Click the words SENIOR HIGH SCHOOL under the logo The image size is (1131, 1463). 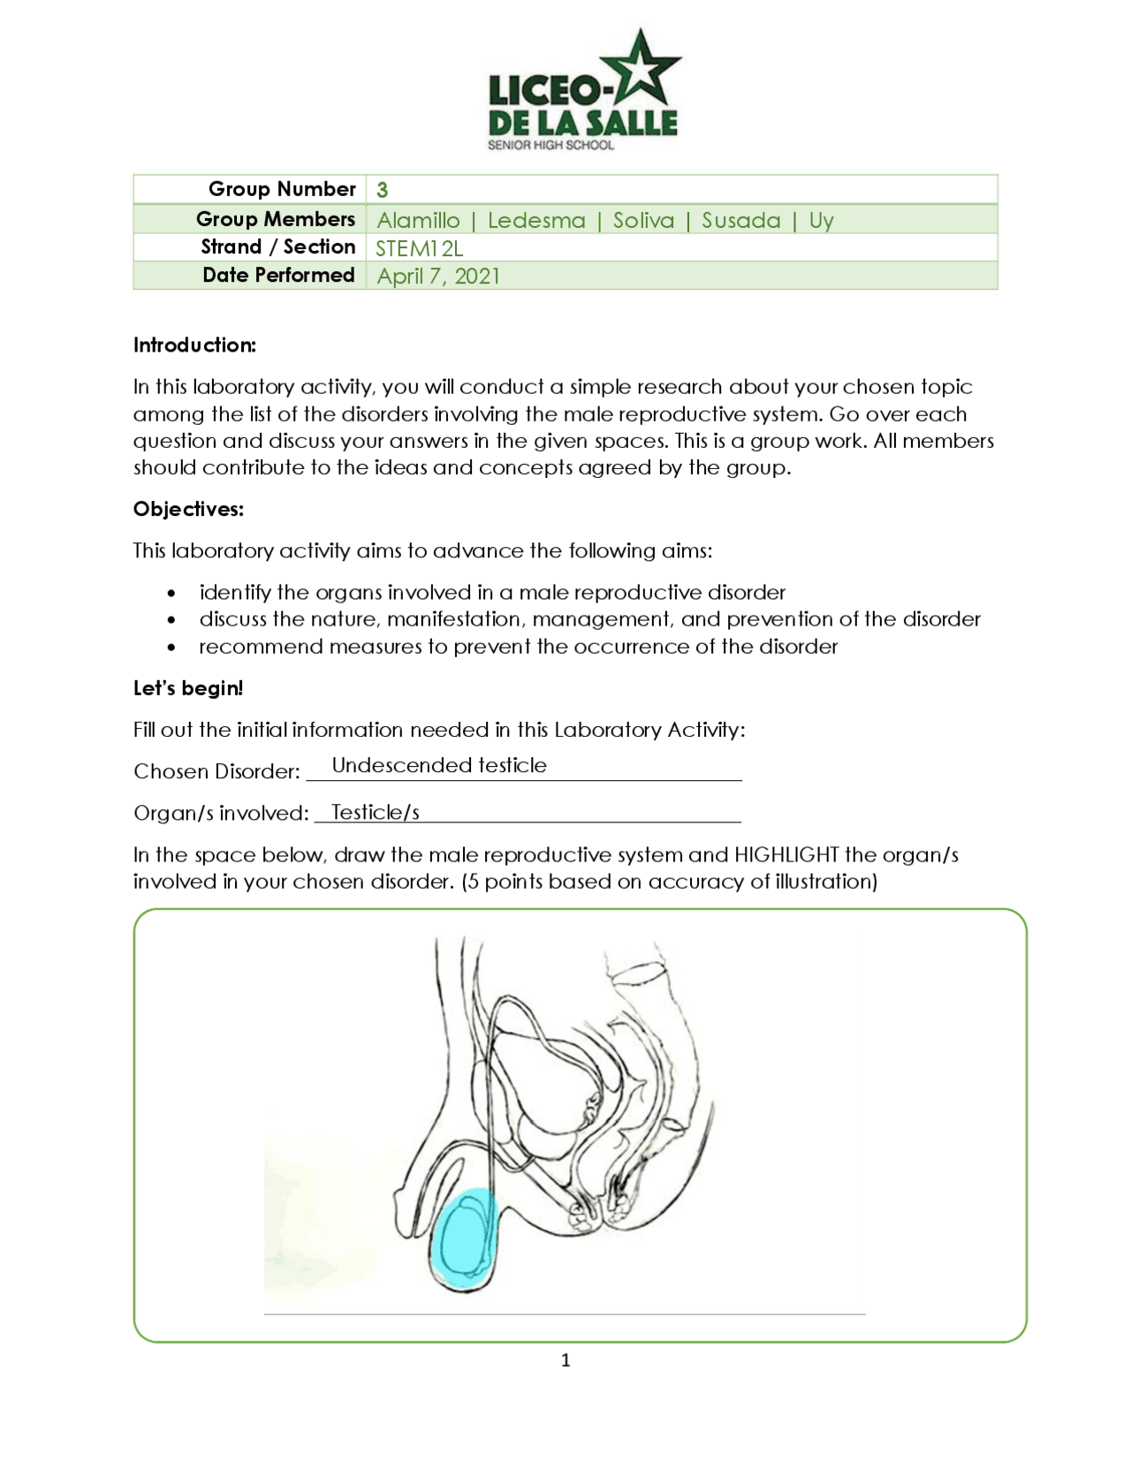coord(550,145)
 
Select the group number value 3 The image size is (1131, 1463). coord(382,190)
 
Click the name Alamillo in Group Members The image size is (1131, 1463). coord(418,220)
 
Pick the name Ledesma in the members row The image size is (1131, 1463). coord(536,220)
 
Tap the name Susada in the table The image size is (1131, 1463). coord(740,220)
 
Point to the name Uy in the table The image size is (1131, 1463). coord(821,220)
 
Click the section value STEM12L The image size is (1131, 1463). coord(419,248)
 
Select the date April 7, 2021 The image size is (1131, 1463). coord(438,277)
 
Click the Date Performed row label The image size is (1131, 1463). coord(278,275)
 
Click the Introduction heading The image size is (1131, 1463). coord(194,345)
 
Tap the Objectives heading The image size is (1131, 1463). coord(188,509)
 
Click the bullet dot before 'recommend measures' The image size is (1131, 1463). coord(171,648)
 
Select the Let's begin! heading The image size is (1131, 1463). coord(188,688)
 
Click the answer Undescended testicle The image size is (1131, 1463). coord(439,765)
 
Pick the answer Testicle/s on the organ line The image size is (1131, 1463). coord(375,812)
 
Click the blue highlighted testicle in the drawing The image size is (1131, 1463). coord(466,1237)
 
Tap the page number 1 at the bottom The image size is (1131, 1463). coord(565,1361)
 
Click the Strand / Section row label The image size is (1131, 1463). coord(277,246)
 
